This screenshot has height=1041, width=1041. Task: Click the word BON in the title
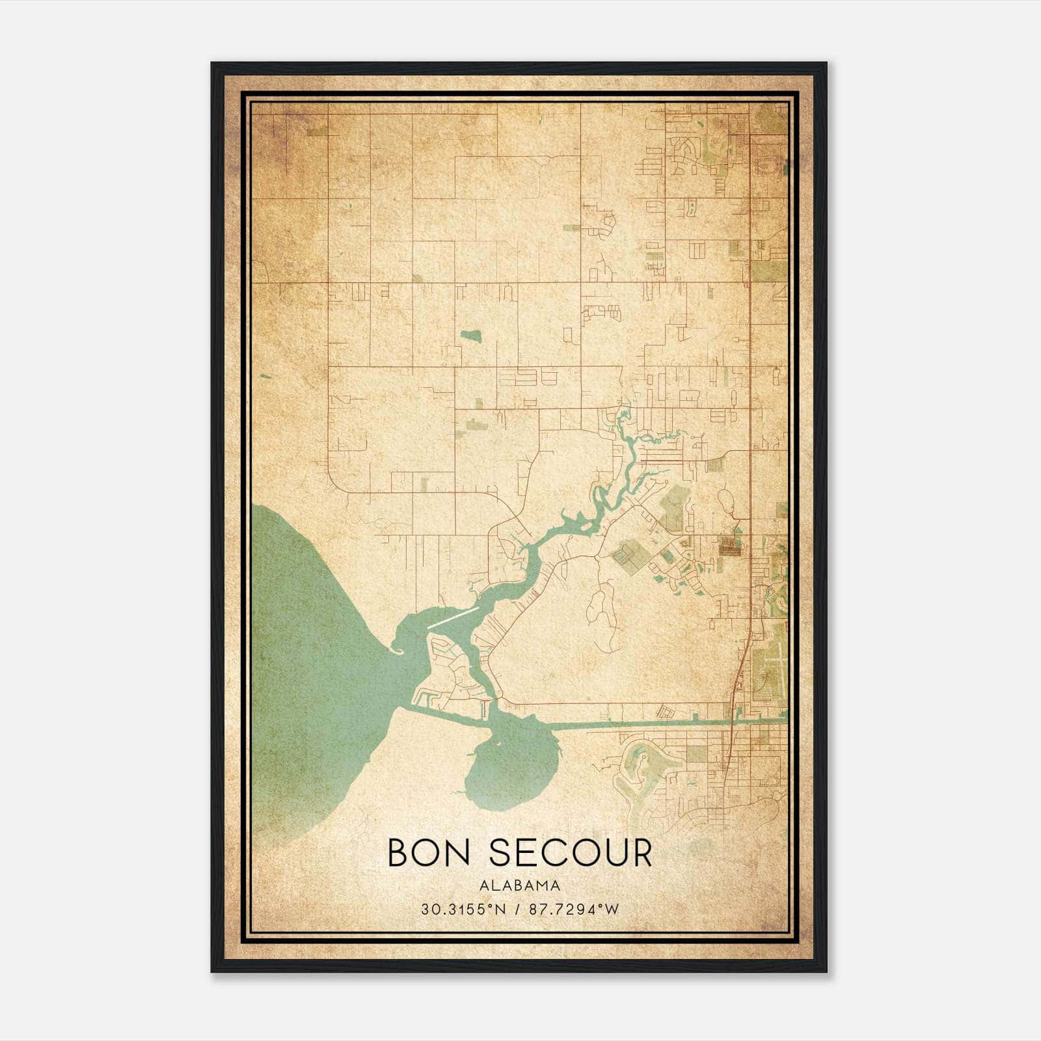[428, 853]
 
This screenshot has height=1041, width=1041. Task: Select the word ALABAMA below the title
[519, 886]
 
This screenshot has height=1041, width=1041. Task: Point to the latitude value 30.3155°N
[463, 910]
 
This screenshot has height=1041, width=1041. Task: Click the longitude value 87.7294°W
[574, 910]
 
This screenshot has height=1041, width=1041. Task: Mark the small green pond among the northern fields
[470, 336]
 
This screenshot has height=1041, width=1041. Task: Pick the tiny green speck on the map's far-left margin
[264, 376]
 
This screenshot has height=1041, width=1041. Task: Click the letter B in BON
[398, 853]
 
